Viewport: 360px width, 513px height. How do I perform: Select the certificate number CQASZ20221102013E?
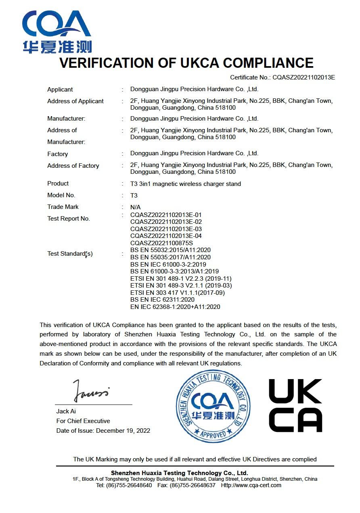303,77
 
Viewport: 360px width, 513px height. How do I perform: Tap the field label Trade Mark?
63,207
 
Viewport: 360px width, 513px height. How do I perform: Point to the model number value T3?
134,196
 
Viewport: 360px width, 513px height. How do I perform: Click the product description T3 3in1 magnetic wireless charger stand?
186,184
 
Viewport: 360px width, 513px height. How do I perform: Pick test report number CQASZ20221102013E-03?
166,229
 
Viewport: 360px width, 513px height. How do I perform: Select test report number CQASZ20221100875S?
162,243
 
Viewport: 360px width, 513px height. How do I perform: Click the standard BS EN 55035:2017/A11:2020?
171,257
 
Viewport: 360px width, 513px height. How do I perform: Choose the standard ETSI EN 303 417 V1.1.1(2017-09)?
178,292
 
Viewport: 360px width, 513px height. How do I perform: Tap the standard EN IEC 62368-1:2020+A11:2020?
176,307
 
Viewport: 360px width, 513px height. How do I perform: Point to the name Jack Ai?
66,411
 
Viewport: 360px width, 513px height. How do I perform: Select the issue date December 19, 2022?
123,431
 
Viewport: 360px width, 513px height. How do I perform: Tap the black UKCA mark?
295,405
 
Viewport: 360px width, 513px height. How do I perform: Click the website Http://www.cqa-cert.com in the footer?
251,485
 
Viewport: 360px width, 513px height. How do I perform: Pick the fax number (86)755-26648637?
193,485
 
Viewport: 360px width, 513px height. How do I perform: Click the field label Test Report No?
69,219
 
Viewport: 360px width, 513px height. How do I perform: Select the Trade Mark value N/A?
136,207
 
